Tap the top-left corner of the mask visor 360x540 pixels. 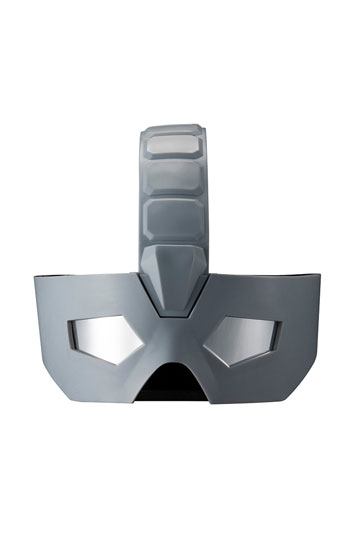tap(33, 276)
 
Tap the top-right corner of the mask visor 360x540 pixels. tap(322, 274)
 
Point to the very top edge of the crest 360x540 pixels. tap(176, 127)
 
